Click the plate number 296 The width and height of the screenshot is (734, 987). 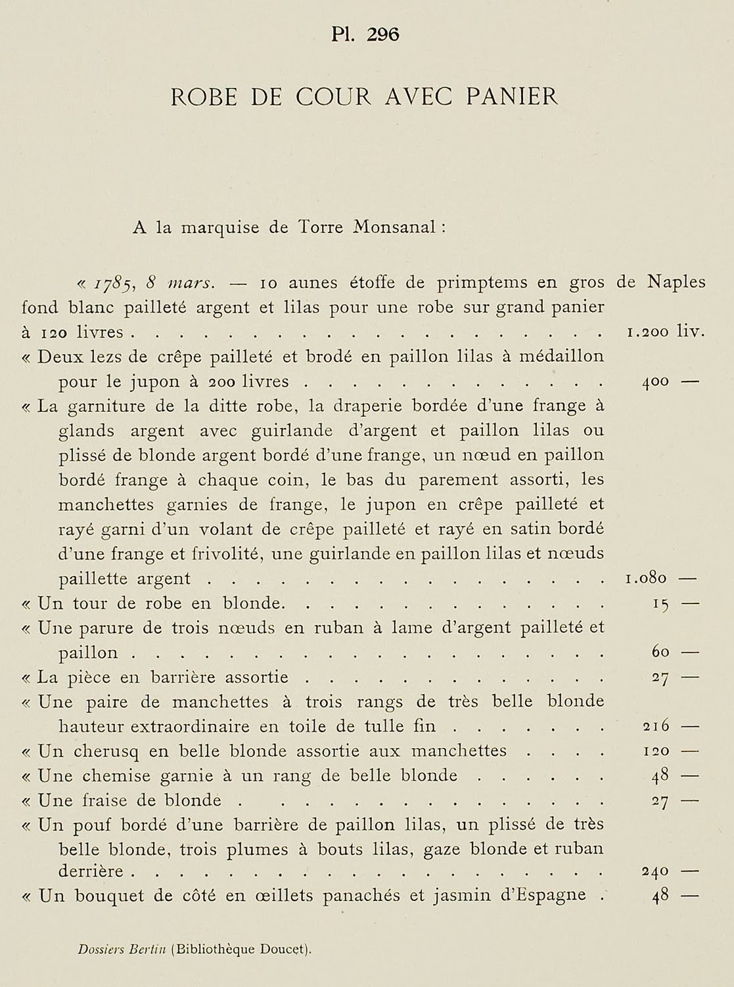(x=383, y=35)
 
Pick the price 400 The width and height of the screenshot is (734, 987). (x=655, y=382)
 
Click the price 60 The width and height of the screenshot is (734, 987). (x=660, y=653)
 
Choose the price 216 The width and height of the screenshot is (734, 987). (x=655, y=726)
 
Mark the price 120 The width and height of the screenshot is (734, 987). (x=655, y=751)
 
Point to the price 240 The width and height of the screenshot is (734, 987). (x=655, y=872)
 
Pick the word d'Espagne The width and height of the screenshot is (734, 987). (x=543, y=896)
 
